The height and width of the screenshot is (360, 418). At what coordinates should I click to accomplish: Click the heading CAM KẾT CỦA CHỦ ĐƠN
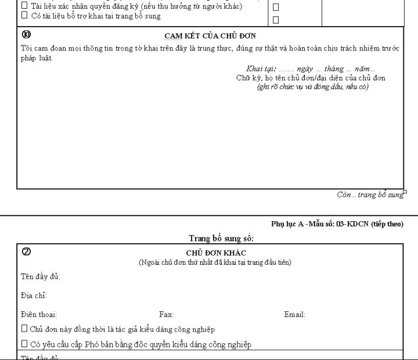tap(210, 35)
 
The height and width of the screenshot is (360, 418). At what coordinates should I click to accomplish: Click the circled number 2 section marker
tap(26, 252)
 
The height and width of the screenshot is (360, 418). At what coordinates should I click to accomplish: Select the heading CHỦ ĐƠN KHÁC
tap(216, 253)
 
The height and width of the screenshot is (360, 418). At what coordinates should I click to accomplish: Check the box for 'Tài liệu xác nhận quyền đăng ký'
tap(24, 6)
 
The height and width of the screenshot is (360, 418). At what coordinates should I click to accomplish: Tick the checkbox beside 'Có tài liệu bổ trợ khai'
tap(24, 16)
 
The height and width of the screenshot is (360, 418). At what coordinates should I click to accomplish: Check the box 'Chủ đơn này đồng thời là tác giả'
tap(24, 329)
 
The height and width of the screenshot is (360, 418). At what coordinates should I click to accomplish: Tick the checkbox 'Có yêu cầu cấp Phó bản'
tap(24, 344)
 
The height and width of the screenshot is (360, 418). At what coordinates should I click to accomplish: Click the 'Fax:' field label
tap(166, 315)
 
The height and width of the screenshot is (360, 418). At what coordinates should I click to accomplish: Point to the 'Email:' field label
tap(294, 315)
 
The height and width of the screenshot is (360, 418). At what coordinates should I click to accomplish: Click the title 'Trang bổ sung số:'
tap(222, 238)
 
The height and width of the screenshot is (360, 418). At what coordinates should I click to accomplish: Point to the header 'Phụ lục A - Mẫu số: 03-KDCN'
tap(337, 224)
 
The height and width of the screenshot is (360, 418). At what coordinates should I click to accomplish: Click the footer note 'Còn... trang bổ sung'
tap(370, 195)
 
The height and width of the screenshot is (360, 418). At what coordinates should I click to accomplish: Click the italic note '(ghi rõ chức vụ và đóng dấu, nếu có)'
tap(312, 87)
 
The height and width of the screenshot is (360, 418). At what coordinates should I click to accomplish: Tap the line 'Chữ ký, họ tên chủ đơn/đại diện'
tap(311, 78)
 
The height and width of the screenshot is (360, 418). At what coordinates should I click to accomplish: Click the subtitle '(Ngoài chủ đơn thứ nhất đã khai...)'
tap(215, 262)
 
